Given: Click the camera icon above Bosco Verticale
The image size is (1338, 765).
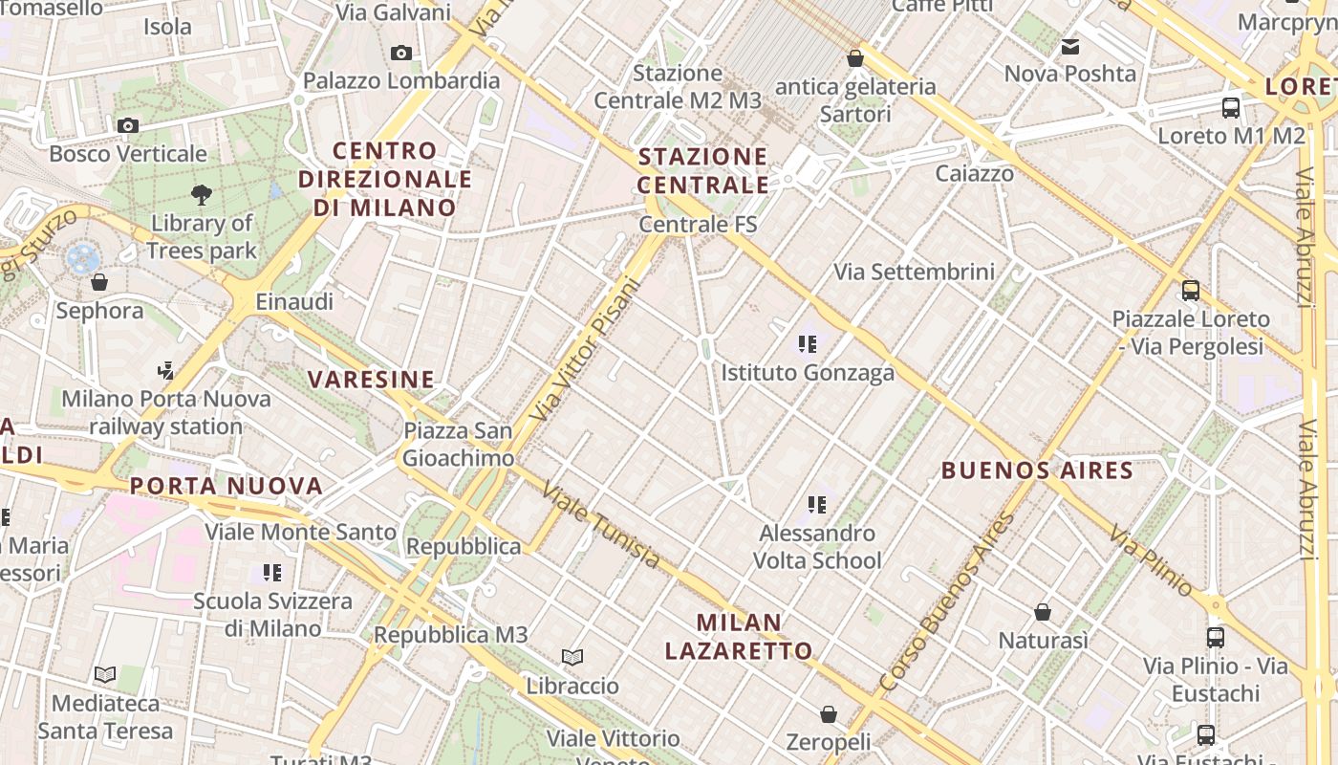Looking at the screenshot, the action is tap(127, 125).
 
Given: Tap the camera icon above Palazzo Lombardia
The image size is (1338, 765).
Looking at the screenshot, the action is tap(401, 53).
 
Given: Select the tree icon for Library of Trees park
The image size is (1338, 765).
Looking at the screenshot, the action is tap(202, 195).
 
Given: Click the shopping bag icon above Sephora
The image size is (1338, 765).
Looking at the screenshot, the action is tap(98, 282).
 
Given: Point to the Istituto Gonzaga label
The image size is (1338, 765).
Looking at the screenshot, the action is tap(808, 372).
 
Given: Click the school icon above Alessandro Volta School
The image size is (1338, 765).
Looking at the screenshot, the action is tap(816, 504).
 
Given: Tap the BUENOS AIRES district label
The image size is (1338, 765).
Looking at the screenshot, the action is tap(1037, 470).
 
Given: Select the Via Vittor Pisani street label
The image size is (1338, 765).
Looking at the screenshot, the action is tap(583, 350).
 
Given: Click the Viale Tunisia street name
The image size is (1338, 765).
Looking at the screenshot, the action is tap(600, 524).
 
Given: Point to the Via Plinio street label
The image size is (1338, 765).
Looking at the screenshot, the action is tap(1151, 560).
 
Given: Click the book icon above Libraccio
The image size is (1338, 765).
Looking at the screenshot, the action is tap(572, 658).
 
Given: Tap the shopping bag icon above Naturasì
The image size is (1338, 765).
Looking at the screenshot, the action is tap(1043, 612).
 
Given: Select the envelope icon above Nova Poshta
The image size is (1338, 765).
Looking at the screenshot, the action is tap(1070, 46).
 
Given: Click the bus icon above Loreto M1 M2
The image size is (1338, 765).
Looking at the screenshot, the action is tap(1231, 108).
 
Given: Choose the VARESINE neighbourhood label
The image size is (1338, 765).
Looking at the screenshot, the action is tap(371, 380).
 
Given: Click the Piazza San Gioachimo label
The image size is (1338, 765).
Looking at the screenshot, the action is tap(458, 445).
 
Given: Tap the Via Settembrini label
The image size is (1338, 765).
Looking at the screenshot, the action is tap(915, 273).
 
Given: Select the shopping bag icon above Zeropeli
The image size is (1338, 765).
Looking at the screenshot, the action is tap(829, 714).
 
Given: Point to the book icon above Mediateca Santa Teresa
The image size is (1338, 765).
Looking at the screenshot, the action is tap(105, 675).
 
